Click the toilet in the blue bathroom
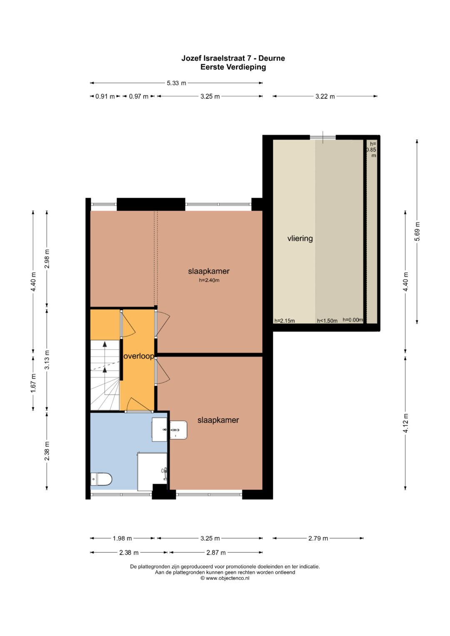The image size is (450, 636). (x=101, y=479)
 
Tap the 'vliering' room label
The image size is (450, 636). (x=300, y=239)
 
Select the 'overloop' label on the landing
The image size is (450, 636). (x=139, y=356)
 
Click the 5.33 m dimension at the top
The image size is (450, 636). (x=176, y=83)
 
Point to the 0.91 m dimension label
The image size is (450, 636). (x=105, y=96)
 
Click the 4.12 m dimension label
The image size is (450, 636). (x=405, y=423)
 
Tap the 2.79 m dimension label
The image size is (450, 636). (x=318, y=538)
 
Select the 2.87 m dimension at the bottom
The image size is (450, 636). (x=216, y=553)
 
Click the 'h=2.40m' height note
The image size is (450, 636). (x=209, y=280)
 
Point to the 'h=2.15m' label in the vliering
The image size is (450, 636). (x=284, y=321)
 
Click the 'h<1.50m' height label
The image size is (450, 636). (x=327, y=321)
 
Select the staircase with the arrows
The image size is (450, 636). (x=105, y=375)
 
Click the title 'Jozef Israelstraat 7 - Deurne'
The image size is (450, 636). (x=233, y=58)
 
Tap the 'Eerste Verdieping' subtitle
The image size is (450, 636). (x=233, y=67)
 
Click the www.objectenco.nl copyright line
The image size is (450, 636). (x=225, y=578)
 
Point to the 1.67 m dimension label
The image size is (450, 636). (x=33, y=384)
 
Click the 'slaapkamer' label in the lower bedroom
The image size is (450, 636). (x=218, y=420)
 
